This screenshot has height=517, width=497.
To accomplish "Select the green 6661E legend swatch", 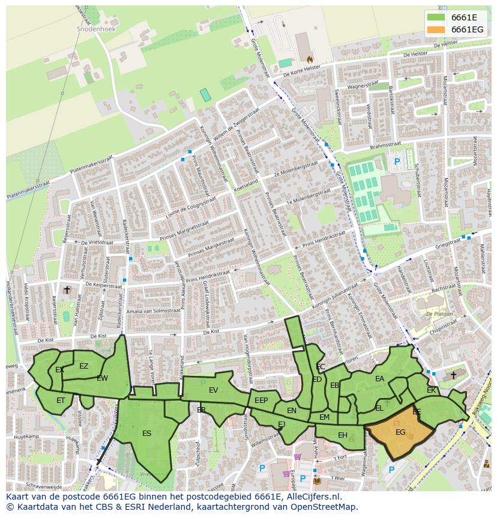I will (x=436, y=17).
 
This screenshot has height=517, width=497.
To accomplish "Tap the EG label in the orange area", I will (x=400, y=432).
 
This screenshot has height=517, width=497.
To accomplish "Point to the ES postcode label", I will (x=146, y=433).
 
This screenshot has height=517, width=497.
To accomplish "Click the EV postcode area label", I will (x=213, y=390).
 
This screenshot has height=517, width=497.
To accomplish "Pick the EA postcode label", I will (x=379, y=379).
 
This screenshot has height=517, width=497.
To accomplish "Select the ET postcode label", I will (x=61, y=400).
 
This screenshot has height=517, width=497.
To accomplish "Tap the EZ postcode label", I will (x=83, y=366).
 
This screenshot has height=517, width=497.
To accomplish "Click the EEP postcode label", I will (x=261, y=401).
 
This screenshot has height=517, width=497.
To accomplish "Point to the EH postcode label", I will (x=342, y=435).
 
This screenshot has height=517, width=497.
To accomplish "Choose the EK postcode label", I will (x=431, y=390).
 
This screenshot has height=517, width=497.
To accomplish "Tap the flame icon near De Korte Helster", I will (x=310, y=59).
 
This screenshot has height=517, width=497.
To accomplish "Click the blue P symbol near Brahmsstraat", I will (x=397, y=162).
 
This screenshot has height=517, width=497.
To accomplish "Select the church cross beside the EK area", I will (x=453, y=375).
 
